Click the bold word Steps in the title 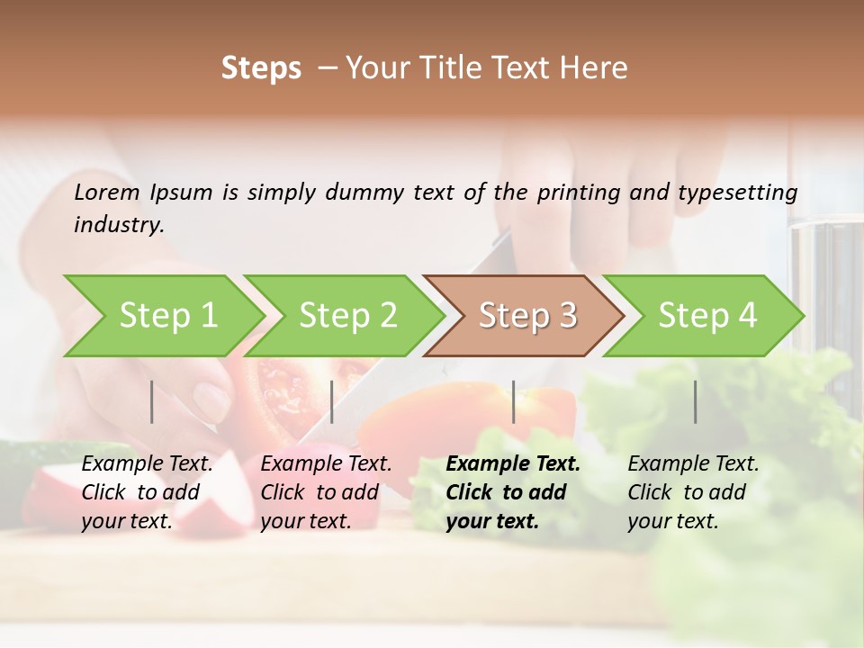(261, 68)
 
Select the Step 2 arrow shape (347, 315)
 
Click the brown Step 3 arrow (527, 315)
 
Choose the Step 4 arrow (707, 315)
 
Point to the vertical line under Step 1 (152, 401)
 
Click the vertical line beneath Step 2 (332, 401)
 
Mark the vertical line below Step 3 (514, 401)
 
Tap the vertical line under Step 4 (696, 401)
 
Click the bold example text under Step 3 (513, 492)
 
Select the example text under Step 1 (147, 492)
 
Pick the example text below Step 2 (326, 492)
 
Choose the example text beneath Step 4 (693, 492)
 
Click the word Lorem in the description (107, 192)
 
